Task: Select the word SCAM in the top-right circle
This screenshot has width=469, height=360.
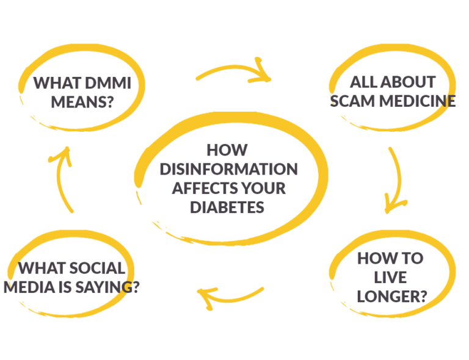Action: coord(352,101)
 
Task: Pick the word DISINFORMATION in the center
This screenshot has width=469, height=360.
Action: coord(228,169)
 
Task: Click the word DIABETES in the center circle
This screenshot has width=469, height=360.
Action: coord(227,207)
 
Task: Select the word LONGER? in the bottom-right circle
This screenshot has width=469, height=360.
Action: coord(391,297)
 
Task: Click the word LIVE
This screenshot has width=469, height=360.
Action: coord(390,278)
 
